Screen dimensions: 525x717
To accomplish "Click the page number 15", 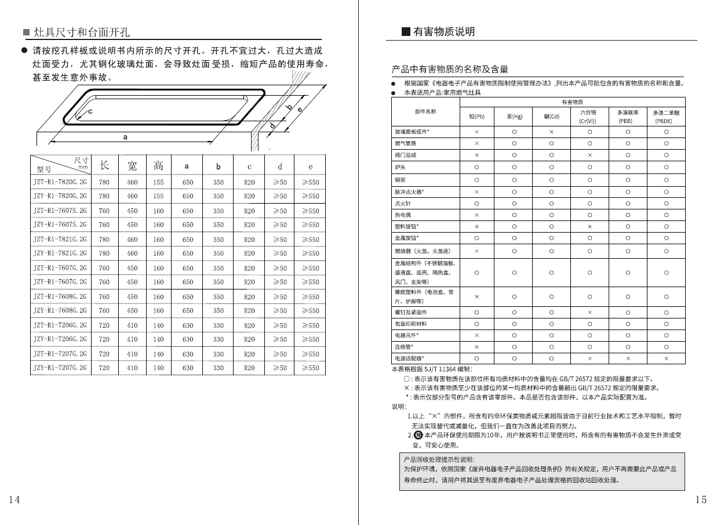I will pos(701,499).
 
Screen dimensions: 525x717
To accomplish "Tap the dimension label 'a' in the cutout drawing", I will pos(125,137).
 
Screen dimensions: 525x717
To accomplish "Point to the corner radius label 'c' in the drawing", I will pos(90,111).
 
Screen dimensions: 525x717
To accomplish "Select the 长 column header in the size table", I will pos(104,166).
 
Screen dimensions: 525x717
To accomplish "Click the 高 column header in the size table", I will pos(158,166).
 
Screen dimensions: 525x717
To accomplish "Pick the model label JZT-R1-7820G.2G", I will pos(60,182).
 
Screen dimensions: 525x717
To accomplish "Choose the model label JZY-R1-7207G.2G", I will pos(60,368).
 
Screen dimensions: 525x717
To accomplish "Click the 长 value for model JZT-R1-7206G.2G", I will pos(104,325).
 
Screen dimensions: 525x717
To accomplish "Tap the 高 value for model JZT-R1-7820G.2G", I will pos(158,182).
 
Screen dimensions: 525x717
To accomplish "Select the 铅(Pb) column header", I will pos(476,116).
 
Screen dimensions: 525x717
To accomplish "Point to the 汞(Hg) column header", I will pos(514,116).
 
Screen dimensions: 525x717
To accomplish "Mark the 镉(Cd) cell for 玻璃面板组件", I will pos(551,132).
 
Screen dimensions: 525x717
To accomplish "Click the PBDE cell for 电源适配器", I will pos(666,359).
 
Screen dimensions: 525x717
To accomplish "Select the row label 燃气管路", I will pos(406,143).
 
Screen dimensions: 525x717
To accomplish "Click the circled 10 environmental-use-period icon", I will pos(419,435).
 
